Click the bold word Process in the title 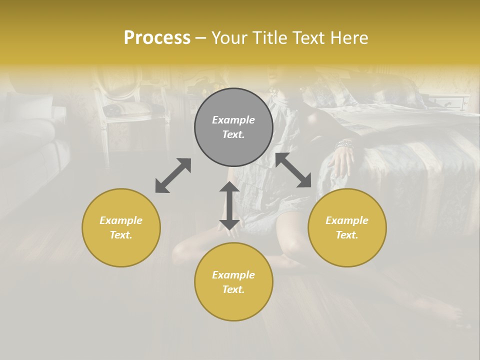coord(157,38)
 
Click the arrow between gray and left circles coord(173,175)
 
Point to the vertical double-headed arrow coord(229,205)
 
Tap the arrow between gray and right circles coord(293,170)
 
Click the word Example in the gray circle coord(233,120)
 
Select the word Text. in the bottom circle coord(233,289)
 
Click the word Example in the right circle coord(347,220)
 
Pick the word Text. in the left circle coord(121,235)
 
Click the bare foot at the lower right coord(440,310)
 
